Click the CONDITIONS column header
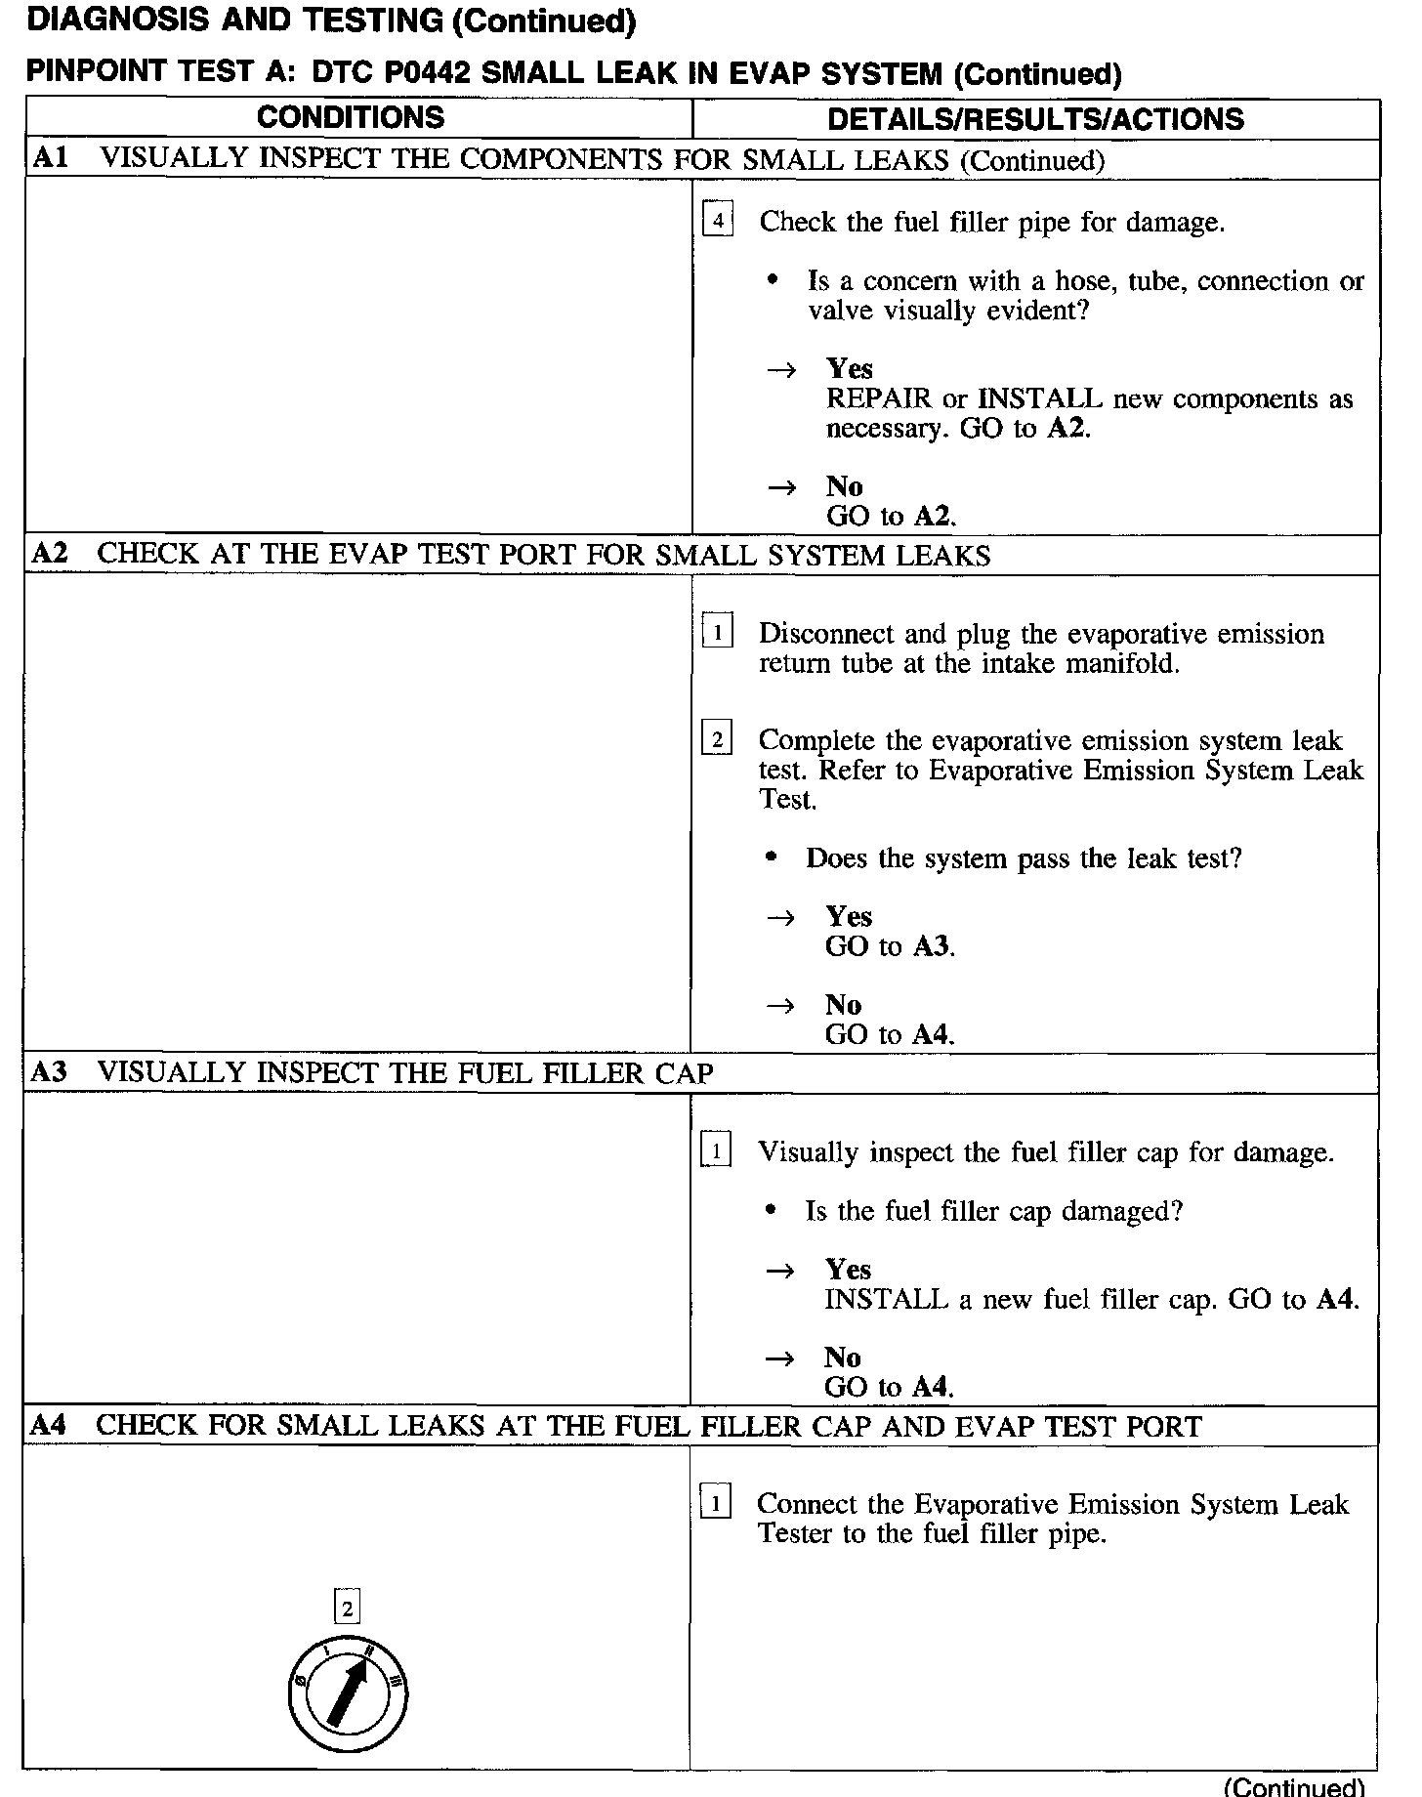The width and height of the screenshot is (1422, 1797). (x=351, y=118)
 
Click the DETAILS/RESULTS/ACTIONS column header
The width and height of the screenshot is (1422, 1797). (x=1035, y=119)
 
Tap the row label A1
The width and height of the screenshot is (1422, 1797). (x=50, y=158)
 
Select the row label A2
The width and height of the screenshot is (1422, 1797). (x=50, y=554)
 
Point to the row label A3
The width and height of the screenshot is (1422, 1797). (x=49, y=1072)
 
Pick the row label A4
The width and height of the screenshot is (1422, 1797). (x=48, y=1425)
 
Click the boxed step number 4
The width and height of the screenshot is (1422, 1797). (x=718, y=221)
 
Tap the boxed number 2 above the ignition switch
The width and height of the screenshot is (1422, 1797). (x=347, y=1607)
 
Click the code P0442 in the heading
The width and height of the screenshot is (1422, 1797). (x=368, y=74)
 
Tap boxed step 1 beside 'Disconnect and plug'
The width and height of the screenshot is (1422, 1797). (x=717, y=633)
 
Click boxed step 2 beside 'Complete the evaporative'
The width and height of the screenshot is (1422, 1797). (x=717, y=739)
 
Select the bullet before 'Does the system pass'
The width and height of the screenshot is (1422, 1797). (x=772, y=857)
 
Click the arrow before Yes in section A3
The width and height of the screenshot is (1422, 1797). (x=779, y=1270)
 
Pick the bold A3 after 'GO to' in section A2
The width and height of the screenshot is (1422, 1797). (x=932, y=946)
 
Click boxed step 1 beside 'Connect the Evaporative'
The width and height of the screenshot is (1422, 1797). (x=715, y=1503)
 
